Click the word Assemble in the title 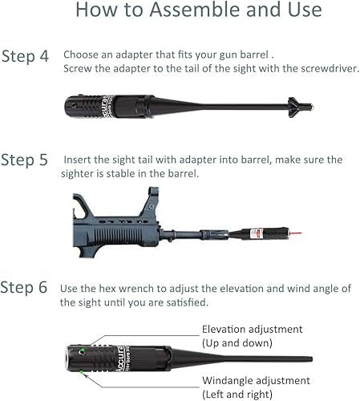pyautogui.click(x=196, y=10)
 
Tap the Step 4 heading pyautogui.click(x=25, y=56)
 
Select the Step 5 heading pyautogui.click(x=24, y=160)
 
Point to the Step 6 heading pyautogui.click(x=24, y=287)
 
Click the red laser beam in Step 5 pyautogui.click(x=296, y=233)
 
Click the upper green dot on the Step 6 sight pyautogui.click(x=83, y=350)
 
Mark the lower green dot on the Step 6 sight pyautogui.click(x=81, y=371)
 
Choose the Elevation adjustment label pyautogui.click(x=252, y=329)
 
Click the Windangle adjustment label pyautogui.click(x=256, y=380)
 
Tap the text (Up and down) pyautogui.click(x=237, y=342)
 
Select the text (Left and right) pyautogui.click(x=237, y=394)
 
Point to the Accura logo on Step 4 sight pyautogui.click(x=106, y=106)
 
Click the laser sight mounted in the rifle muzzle pyautogui.click(x=259, y=233)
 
